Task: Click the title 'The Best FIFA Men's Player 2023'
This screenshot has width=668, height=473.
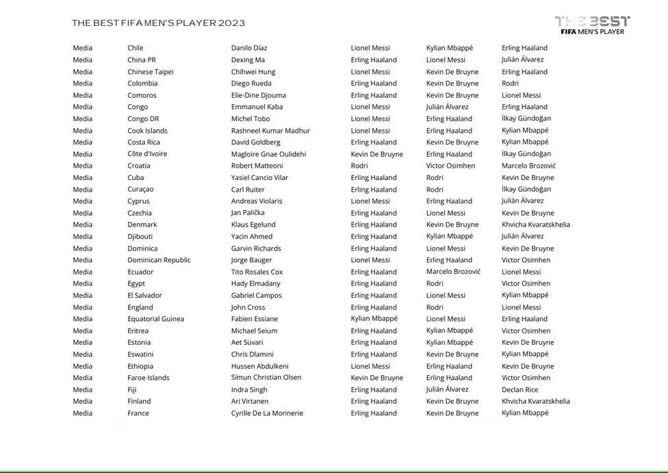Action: (x=158, y=23)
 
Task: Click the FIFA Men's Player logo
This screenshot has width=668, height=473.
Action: (x=592, y=25)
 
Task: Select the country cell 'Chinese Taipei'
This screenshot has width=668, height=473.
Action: (x=150, y=72)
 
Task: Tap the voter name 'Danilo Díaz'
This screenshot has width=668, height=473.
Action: (x=249, y=48)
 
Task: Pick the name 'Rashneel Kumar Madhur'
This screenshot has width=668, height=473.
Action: (x=270, y=131)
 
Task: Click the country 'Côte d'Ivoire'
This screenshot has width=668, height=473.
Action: (x=147, y=154)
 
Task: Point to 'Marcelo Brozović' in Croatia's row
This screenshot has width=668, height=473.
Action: (x=529, y=166)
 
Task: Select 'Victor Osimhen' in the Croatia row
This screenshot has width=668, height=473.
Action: (x=450, y=166)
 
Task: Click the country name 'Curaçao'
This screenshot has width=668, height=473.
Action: (x=140, y=190)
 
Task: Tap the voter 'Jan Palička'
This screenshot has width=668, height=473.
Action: (x=248, y=213)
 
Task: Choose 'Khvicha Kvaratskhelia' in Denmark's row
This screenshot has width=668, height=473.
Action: (x=536, y=225)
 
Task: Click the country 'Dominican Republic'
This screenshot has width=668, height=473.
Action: (x=159, y=260)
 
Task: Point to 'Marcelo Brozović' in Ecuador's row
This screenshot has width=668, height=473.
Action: (x=453, y=272)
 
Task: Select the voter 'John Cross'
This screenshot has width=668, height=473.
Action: (x=248, y=307)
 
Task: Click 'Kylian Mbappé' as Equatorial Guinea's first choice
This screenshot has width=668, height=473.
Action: (x=374, y=319)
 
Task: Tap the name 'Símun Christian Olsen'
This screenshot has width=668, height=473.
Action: (x=266, y=378)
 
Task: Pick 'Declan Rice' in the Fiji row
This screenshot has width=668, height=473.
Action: (x=520, y=389)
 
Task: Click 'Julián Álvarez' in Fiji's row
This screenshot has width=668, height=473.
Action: (x=448, y=389)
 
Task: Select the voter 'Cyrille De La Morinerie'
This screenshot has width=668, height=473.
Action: (x=267, y=413)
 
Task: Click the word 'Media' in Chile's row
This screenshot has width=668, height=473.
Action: (x=83, y=48)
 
